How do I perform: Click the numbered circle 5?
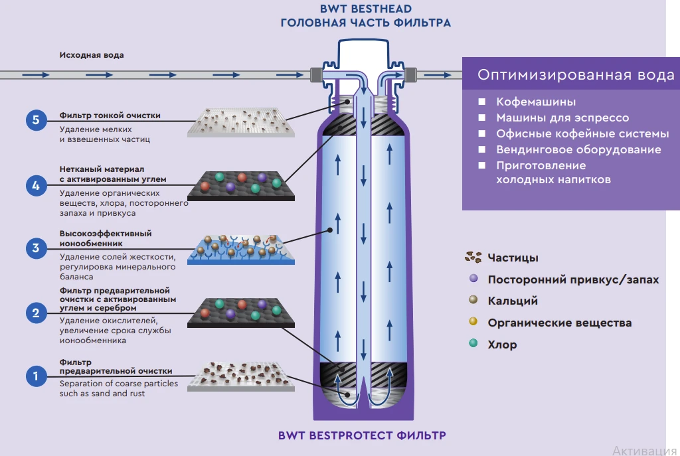[36, 120]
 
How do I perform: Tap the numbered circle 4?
[36, 185]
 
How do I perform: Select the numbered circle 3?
[36, 249]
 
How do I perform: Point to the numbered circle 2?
[36, 313]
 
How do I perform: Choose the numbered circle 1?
[36, 376]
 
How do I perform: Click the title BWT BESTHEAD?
[365, 9]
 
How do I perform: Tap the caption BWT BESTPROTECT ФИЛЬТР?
[362, 436]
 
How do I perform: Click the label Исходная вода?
[92, 55]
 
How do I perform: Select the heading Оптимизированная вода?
[576, 75]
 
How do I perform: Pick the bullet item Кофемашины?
[536, 102]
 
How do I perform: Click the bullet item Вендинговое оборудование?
[578, 150]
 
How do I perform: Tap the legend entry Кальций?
[512, 301]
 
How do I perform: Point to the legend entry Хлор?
[502, 344]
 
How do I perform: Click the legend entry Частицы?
[513, 258]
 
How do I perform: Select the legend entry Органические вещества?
[559, 323]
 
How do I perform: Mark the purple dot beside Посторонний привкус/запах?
[473, 279]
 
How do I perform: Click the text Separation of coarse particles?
[118, 384]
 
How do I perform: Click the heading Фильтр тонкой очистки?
[110, 115]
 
